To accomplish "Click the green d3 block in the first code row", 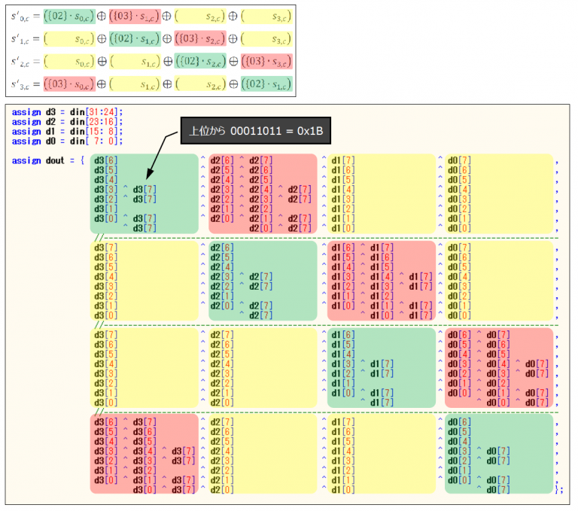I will [x=144, y=193].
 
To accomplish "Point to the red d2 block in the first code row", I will [x=262, y=193].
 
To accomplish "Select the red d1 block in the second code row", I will [x=381, y=280].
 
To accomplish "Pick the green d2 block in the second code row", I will [x=262, y=280].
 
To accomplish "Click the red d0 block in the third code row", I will [x=500, y=367].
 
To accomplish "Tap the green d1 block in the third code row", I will [x=381, y=367].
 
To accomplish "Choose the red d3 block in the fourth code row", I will [x=144, y=454].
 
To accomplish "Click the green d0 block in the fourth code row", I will [x=500, y=454].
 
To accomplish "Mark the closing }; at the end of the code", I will [x=558, y=490].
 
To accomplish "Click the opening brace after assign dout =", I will [x=81, y=160].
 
